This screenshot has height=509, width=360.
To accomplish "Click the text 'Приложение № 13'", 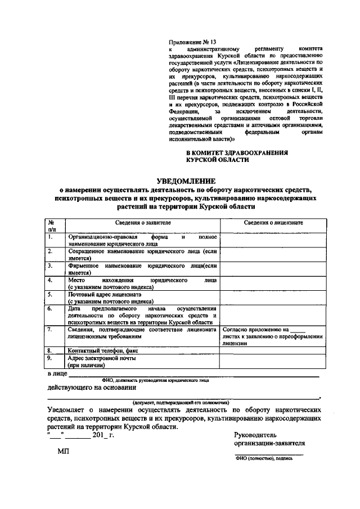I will point(192,42).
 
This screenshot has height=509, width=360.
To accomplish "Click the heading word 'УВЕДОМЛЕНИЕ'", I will point(186,181).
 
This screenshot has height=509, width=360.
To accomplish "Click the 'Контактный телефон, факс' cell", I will point(102,350).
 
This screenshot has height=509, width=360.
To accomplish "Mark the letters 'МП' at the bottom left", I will point(62,452).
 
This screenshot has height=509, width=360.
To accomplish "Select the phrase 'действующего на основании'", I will point(91,388).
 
